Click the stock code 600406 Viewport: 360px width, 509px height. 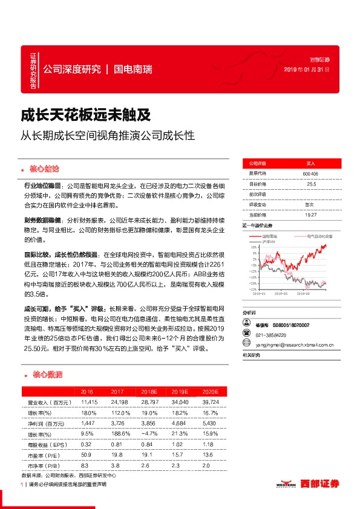click(310, 173)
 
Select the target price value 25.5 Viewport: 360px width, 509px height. click(311, 184)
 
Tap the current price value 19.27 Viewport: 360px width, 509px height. click(311, 214)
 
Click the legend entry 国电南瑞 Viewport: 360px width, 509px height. click(270, 236)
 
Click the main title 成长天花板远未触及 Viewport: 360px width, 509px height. click(77, 114)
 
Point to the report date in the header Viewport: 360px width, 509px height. click(306, 70)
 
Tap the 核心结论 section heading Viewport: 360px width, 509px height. click(50, 167)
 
